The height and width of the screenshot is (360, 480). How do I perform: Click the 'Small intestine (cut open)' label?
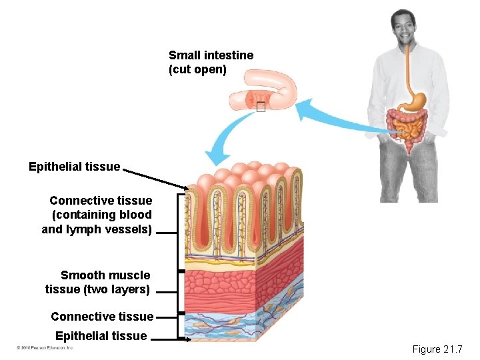tap(211, 62)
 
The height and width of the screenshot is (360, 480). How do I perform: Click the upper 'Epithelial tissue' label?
tap(74, 167)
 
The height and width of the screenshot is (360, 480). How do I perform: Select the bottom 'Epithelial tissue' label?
tap(101, 336)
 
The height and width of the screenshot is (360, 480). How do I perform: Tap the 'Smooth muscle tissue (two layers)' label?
tap(98, 282)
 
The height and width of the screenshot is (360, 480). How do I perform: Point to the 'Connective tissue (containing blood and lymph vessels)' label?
tap(97, 215)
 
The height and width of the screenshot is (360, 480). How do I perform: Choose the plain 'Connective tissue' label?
tap(101, 317)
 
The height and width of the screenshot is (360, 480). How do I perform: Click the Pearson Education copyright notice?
tap(45, 348)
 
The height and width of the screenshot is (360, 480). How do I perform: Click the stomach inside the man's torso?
tap(415, 101)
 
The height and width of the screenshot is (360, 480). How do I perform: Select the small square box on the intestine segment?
tap(260, 107)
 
